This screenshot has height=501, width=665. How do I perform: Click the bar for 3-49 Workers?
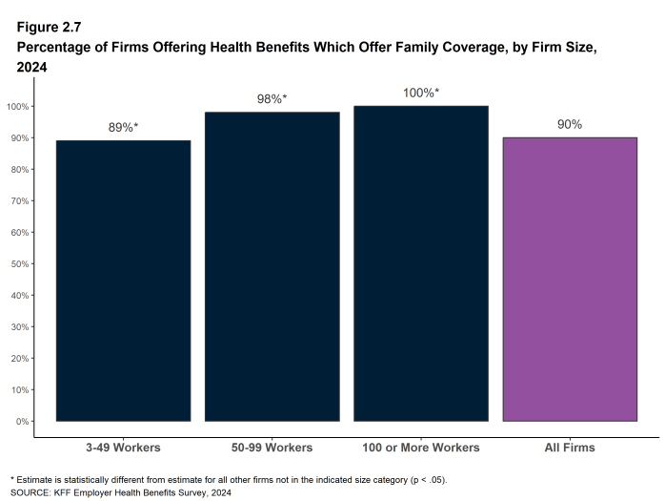click(x=123, y=281)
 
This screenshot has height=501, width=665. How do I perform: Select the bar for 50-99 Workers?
click(x=272, y=266)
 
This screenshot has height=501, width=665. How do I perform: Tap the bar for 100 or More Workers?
click(x=420, y=263)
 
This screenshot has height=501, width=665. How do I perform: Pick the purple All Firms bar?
click(x=570, y=279)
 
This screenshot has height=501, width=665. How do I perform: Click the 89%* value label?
click(x=123, y=126)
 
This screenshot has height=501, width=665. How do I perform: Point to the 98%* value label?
click(x=272, y=98)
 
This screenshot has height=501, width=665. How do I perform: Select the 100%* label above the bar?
click(x=420, y=93)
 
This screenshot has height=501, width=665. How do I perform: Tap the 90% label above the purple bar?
click(x=570, y=124)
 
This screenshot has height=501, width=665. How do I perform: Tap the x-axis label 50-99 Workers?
click(x=272, y=447)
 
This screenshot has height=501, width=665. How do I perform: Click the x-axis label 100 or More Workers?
click(x=420, y=447)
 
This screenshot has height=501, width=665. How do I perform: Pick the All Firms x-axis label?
click(x=570, y=447)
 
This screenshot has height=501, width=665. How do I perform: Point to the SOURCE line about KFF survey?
click(x=120, y=492)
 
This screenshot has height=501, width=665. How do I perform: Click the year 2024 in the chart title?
click(x=32, y=67)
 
